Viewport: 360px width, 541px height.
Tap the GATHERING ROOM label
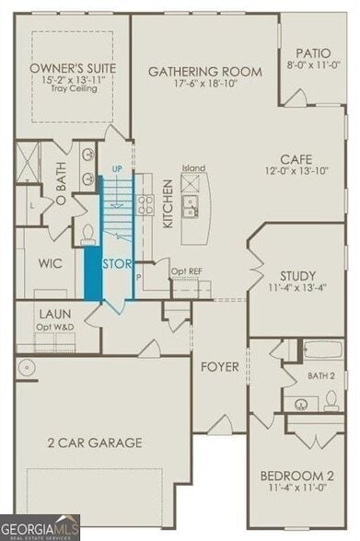pyautogui.click(x=204, y=72)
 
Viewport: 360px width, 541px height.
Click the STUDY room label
pyautogui.click(x=298, y=275)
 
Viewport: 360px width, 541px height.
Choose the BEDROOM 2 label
pyautogui.click(x=296, y=475)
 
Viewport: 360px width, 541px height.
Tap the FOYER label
pyautogui.click(x=221, y=367)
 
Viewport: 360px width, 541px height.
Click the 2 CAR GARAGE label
pyautogui.click(x=96, y=443)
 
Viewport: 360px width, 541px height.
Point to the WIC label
pyautogui.click(x=50, y=262)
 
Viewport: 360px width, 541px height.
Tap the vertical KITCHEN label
pyautogui.click(x=168, y=204)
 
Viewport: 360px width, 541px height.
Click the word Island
pyautogui.click(x=193, y=168)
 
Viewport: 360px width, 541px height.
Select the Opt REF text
pyautogui.click(x=187, y=273)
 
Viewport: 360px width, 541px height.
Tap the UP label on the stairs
pyautogui.click(x=116, y=169)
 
